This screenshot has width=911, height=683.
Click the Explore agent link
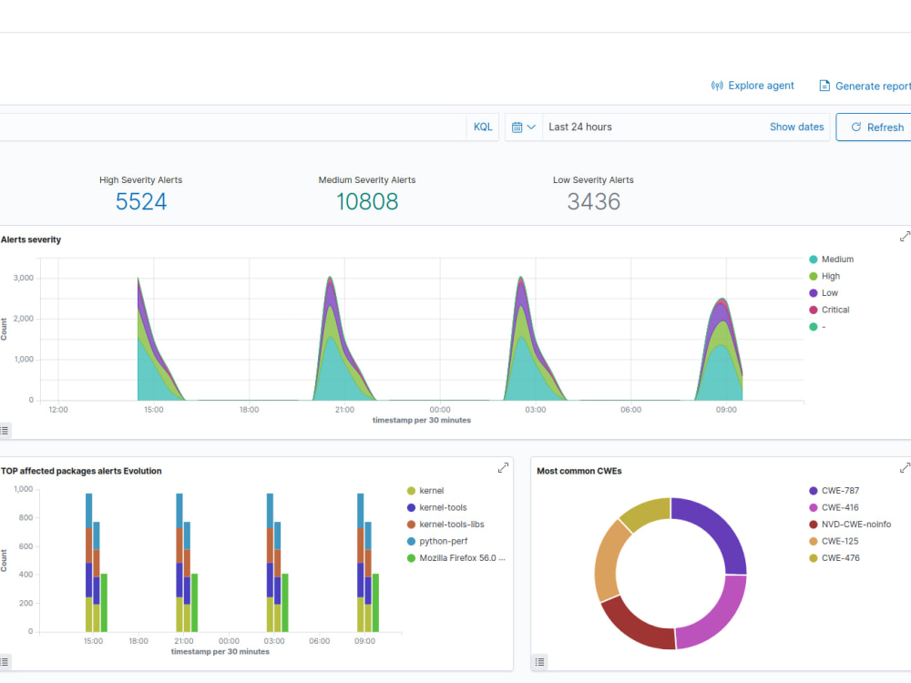point(752,86)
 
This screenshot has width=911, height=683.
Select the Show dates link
point(796,127)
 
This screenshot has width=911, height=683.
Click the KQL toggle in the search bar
point(483,127)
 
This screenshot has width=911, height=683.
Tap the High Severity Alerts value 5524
point(141,201)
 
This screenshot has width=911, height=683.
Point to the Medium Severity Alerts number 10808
point(367,201)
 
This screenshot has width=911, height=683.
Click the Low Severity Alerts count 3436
point(594,201)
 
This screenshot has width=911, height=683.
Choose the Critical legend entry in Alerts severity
point(830,310)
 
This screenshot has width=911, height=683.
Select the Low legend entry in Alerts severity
point(824,292)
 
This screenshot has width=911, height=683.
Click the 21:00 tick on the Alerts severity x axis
point(344,410)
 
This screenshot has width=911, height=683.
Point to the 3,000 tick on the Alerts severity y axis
point(24,278)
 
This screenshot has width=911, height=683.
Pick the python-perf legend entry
point(437,541)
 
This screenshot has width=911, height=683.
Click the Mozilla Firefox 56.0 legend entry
point(456,557)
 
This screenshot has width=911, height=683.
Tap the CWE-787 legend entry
point(834,490)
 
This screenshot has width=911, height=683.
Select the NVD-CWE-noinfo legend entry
point(850,524)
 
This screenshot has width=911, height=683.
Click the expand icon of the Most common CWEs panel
point(905,467)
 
